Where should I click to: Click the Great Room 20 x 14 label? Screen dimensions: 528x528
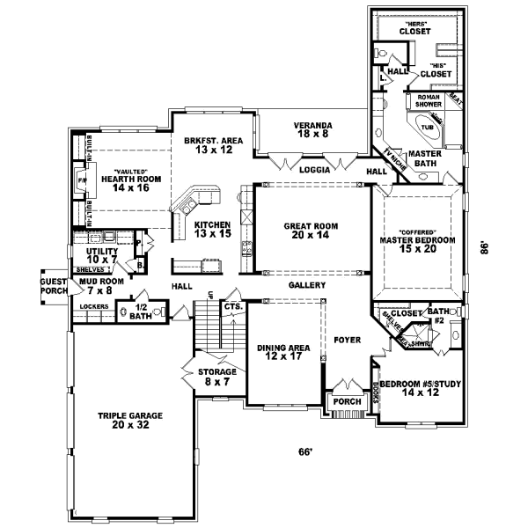(x=306, y=231)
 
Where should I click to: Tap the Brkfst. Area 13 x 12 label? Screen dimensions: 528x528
(x=213, y=145)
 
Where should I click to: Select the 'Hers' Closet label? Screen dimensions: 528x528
(x=414, y=27)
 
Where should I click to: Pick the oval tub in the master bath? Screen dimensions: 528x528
(x=429, y=128)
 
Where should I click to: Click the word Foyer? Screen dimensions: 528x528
(x=343, y=338)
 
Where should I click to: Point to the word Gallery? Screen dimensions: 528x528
(x=308, y=286)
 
